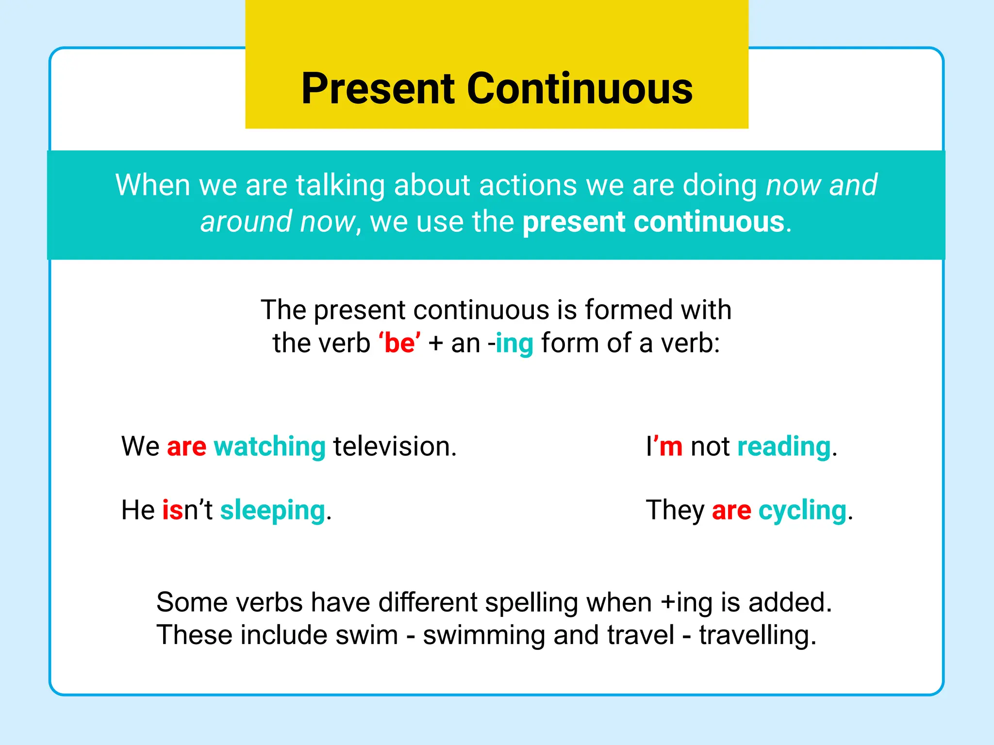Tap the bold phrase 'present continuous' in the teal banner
point(653,222)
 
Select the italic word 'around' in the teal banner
point(246,222)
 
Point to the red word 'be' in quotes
point(399,343)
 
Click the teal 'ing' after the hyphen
point(514,343)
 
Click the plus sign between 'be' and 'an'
point(436,343)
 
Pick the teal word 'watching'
point(269,447)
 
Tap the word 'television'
point(394,447)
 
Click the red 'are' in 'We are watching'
point(186,447)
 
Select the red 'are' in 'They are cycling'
point(731,511)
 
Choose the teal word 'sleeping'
point(272,511)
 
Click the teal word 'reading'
point(783,447)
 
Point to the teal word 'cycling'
point(802,511)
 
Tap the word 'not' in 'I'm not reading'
point(710,447)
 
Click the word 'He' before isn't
point(138,511)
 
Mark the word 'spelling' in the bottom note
point(531,603)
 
